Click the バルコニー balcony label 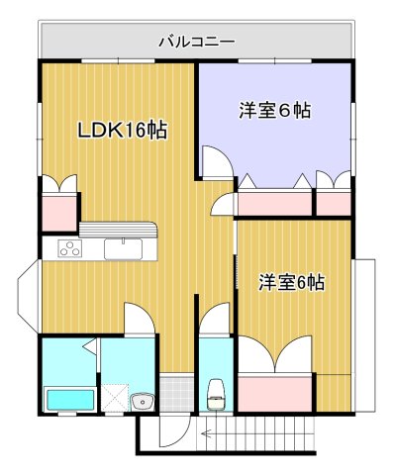pyautogui.click(x=196, y=43)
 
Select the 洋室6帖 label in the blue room pyautogui.click(x=275, y=111)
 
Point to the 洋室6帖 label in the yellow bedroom pyautogui.click(x=291, y=283)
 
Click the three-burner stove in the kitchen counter pyautogui.click(x=69, y=249)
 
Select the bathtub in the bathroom pyautogui.click(x=69, y=400)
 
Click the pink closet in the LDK pyautogui.click(x=58, y=211)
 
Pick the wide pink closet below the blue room pyautogui.click(x=273, y=203)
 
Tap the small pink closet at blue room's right pyautogui.click(x=335, y=203)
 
